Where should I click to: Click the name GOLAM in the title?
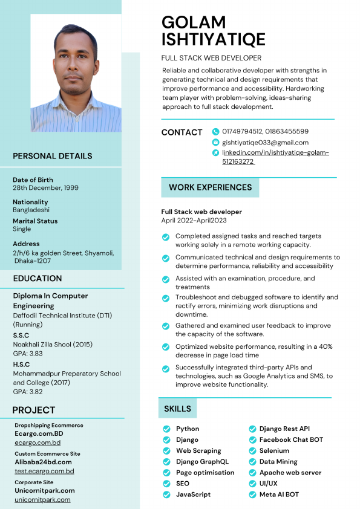(x=194, y=22)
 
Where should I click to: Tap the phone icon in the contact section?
(x=215, y=131)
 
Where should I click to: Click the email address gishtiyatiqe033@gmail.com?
(x=265, y=142)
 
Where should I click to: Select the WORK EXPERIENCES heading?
(x=210, y=187)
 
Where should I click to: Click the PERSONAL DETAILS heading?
(x=53, y=156)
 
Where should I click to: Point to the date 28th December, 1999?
(x=45, y=187)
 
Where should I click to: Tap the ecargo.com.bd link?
(x=38, y=443)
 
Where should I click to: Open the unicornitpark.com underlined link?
(x=42, y=500)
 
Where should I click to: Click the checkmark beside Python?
(x=166, y=429)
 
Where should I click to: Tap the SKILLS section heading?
(x=177, y=409)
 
